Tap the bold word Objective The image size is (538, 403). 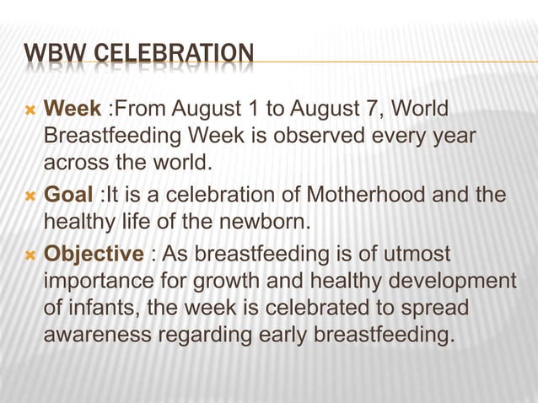point(93,254)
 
